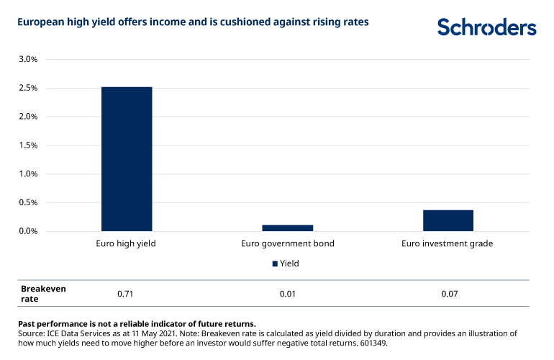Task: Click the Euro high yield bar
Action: (127, 158)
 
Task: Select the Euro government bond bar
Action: (287, 228)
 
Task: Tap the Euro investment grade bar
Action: (448, 220)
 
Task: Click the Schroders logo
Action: (486, 27)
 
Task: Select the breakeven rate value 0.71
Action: (126, 294)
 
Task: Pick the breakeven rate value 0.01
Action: (287, 294)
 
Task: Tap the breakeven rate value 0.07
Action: (448, 294)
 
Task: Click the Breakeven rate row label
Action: (43, 294)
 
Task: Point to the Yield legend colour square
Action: (274, 264)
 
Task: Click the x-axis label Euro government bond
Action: (287, 244)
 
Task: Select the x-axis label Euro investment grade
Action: (448, 244)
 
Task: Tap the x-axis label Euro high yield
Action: (126, 244)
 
